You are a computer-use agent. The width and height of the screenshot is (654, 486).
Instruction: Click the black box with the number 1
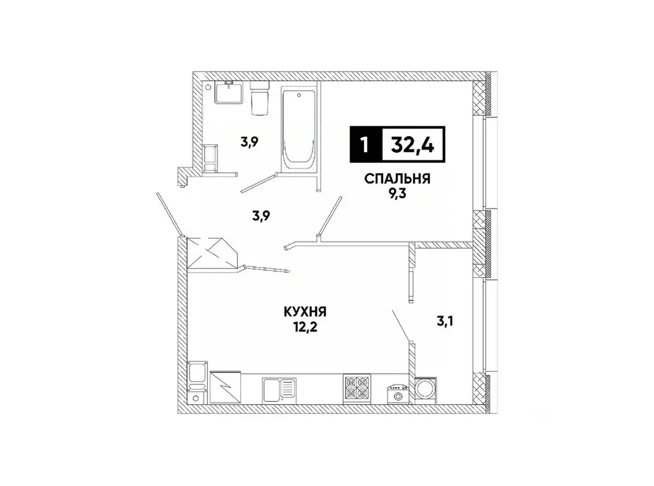point(365,145)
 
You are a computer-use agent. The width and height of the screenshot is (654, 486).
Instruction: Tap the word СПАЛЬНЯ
point(397,179)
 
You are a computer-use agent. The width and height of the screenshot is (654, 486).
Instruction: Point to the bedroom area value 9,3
point(397,194)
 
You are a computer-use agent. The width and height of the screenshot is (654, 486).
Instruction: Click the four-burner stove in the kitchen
point(357,387)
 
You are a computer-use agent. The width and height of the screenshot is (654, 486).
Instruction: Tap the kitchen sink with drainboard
point(278,388)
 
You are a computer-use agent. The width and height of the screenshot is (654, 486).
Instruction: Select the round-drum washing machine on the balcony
point(424,389)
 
